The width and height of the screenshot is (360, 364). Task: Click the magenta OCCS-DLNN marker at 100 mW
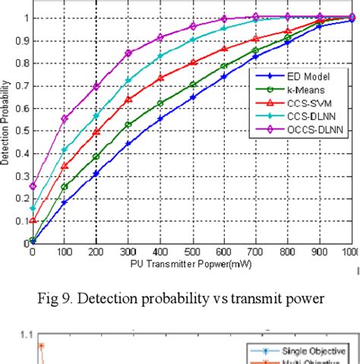[65, 119]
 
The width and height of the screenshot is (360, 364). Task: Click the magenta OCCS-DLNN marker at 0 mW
[33, 185]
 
